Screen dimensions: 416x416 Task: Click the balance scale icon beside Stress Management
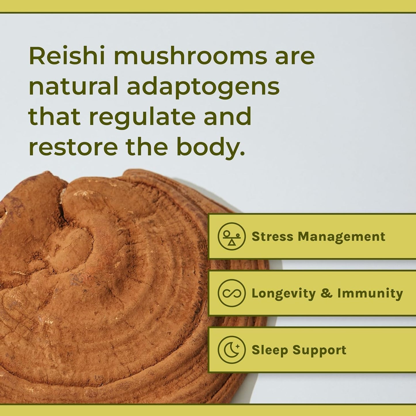point(231,236)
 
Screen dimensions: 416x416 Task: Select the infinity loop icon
point(231,293)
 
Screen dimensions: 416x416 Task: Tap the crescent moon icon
point(231,350)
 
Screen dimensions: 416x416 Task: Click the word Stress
point(272,237)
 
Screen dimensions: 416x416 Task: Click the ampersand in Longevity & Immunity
point(326,293)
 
